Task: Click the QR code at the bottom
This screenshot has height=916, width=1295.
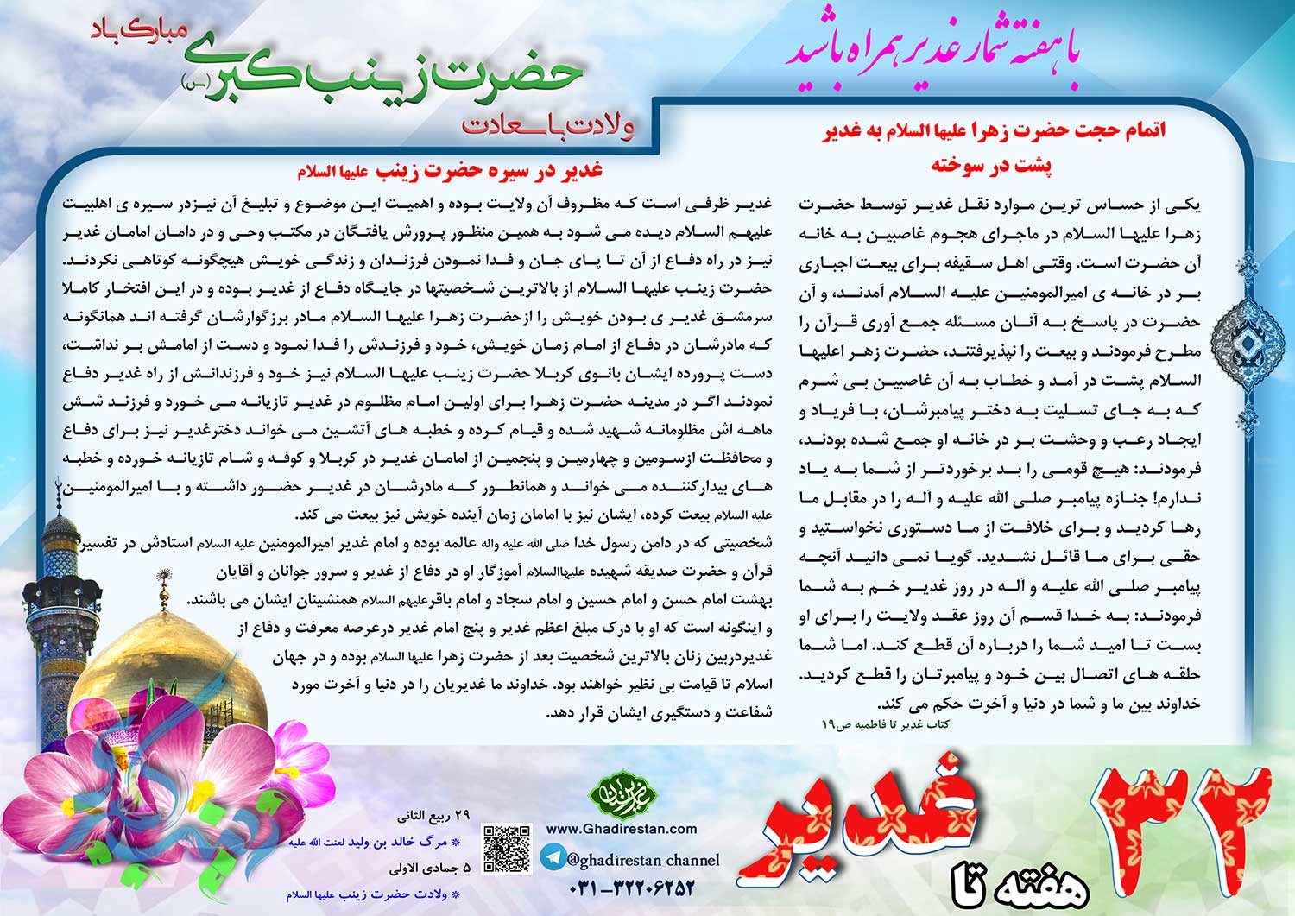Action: [505, 849]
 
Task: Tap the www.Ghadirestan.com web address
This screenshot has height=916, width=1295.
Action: [622, 829]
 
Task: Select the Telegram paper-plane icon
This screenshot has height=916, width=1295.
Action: [553, 857]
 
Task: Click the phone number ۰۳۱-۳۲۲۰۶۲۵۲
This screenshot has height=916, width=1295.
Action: [632, 888]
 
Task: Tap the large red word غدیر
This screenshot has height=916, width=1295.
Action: [872, 820]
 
